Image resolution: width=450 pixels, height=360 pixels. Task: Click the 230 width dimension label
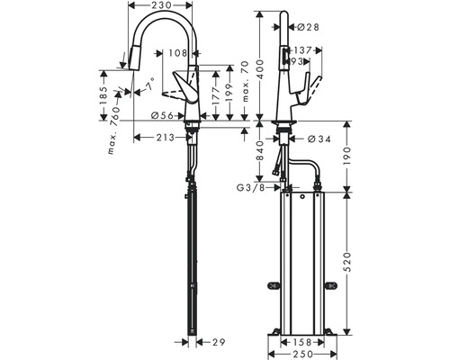pyautogui.click(x=163, y=7)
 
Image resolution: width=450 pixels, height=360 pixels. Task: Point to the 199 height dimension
pyautogui.click(x=230, y=94)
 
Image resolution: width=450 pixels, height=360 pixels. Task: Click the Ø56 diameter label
pyautogui.click(x=162, y=114)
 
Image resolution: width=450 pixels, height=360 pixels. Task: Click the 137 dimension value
pyautogui.click(x=303, y=50)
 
